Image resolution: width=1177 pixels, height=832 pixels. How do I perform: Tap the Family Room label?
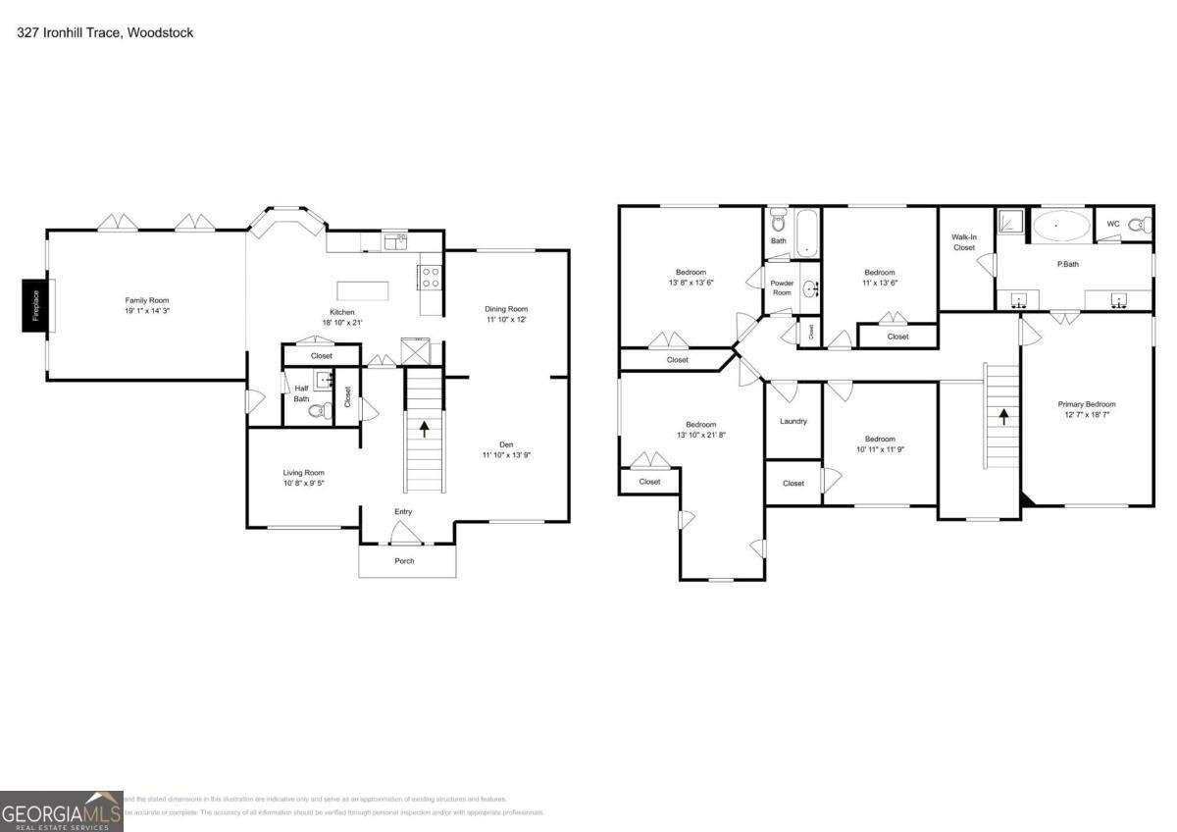147,300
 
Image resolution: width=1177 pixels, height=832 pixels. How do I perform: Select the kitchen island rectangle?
362,290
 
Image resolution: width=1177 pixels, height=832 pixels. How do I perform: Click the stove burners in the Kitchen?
430,277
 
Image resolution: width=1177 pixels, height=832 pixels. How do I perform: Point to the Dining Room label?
506,309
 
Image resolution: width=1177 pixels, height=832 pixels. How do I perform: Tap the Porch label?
404,561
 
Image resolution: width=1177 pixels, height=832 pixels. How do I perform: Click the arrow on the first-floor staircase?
424,429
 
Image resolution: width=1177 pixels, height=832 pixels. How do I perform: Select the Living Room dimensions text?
304,483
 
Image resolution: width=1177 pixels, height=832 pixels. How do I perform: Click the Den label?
506,444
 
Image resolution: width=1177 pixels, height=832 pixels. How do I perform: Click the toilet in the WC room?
1138,225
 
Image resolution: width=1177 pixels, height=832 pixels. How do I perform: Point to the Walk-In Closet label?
963,241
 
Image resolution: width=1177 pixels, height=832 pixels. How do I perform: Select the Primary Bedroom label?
1086,404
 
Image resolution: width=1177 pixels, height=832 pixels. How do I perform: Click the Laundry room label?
793,421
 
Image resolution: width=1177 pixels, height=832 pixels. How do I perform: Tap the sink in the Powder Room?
810,288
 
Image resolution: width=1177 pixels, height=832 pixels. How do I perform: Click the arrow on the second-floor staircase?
1003,414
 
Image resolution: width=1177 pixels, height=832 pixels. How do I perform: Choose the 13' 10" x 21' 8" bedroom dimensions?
700,435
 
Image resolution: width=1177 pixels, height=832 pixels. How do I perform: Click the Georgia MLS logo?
61,811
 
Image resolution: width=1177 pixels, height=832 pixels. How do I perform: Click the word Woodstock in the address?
167,32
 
